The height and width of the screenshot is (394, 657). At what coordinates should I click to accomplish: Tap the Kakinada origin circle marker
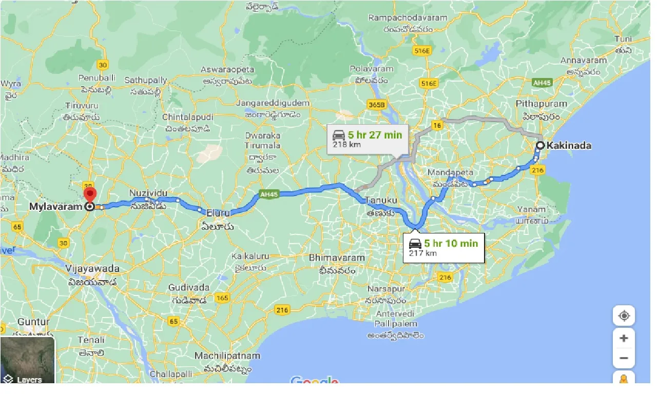[x=540, y=146]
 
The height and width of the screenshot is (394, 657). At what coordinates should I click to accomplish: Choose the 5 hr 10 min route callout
[x=444, y=247]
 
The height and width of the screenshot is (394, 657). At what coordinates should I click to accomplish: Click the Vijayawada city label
[x=92, y=269]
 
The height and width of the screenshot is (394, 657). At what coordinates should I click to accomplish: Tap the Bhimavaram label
[x=337, y=258]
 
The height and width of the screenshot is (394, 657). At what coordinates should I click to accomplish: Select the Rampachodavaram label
[x=408, y=18]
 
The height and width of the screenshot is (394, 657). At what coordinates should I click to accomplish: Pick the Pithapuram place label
[x=541, y=104]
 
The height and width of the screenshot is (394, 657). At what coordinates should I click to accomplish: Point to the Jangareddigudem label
[x=273, y=103]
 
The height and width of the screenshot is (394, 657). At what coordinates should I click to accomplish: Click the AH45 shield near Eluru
[x=268, y=194]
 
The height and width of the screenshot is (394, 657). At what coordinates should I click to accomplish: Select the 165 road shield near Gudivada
[x=222, y=298]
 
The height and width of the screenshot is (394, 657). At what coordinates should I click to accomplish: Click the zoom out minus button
[x=624, y=358]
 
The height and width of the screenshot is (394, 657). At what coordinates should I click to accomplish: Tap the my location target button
[x=624, y=316]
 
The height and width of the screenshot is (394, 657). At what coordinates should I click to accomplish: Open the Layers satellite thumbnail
[x=28, y=361]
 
